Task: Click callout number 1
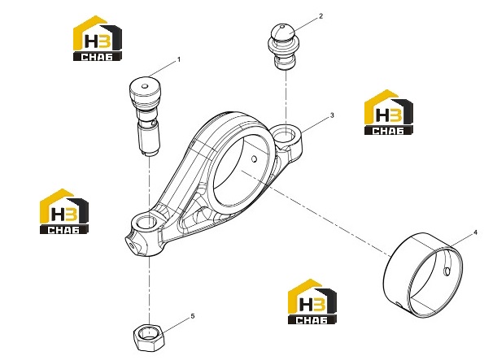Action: click(x=178, y=59)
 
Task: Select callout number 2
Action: click(x=321, y=16)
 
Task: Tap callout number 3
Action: click(x=332, y=115)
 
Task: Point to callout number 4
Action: click(x=475, y=232)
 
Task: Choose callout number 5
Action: click(x=193, y=316)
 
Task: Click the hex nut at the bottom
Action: click(x=149, y=337)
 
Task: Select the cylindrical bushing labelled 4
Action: click(x=423, y=275)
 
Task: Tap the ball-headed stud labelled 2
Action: click(x=284, y=46)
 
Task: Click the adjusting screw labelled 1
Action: click(x=146, y=116)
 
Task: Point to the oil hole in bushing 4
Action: click(x=447, y=271)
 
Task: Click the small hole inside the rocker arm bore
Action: click(x=254, y=158)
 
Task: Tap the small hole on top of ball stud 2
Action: click(x=281, y=27)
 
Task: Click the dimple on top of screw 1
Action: click(x=145, y=86)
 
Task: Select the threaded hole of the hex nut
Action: click(x=149, y=333)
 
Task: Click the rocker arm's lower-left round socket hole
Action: click(x=146, y=222)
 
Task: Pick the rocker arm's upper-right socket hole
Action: click(x=286, y=134)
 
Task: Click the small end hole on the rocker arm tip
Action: click(x=132, y=245)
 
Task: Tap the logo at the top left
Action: click(x=98, y=38)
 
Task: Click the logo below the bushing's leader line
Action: click(x=312, y=301)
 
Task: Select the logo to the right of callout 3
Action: click(x=389, y=112)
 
